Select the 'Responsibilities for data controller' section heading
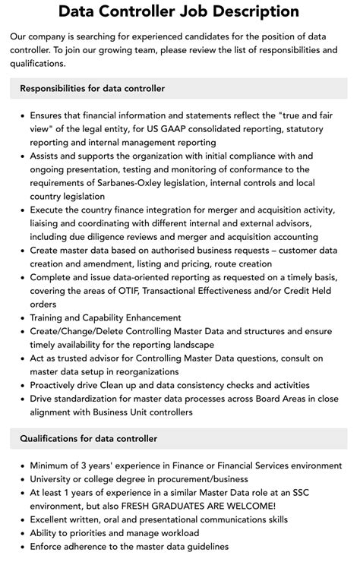coord(93,89)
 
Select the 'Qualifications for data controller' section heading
coord(89,438)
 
